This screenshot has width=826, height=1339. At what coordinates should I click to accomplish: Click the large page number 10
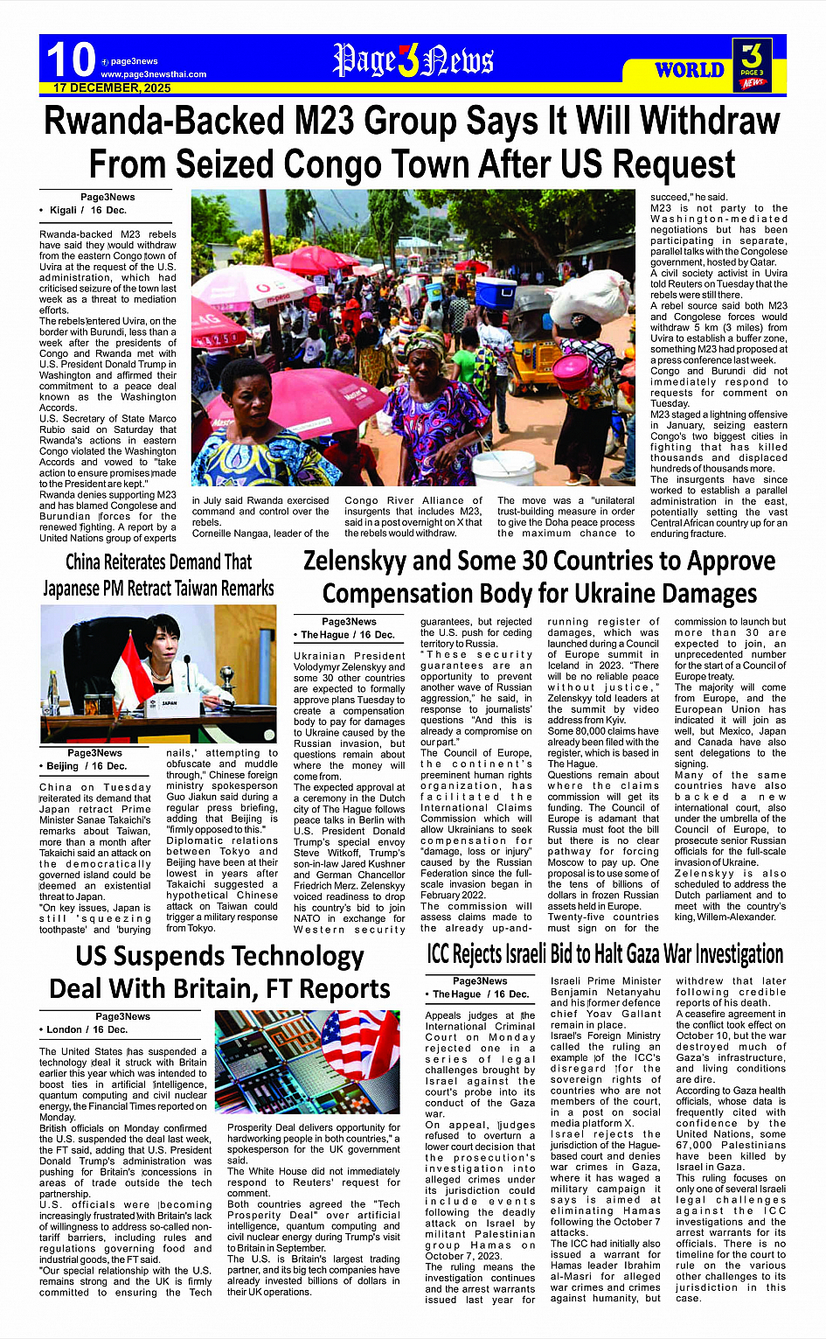[x=70, y=60]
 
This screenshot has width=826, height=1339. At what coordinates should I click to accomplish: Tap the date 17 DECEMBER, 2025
[x=112, y=88]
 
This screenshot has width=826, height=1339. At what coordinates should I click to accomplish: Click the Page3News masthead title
[x=413, y=60]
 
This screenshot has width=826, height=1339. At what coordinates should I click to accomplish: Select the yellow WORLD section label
[x=690, y=70]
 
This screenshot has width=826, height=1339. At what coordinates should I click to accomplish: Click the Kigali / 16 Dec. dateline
[x=87, y=211]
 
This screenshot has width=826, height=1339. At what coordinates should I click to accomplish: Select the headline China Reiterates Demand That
[x=158, y=561]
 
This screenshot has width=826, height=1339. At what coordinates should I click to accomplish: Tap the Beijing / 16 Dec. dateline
[x=87, y=766]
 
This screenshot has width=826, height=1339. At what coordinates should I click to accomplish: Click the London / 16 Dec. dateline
[x=87, y=1029]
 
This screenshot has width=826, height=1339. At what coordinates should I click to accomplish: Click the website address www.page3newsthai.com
[x=154, y=74]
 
